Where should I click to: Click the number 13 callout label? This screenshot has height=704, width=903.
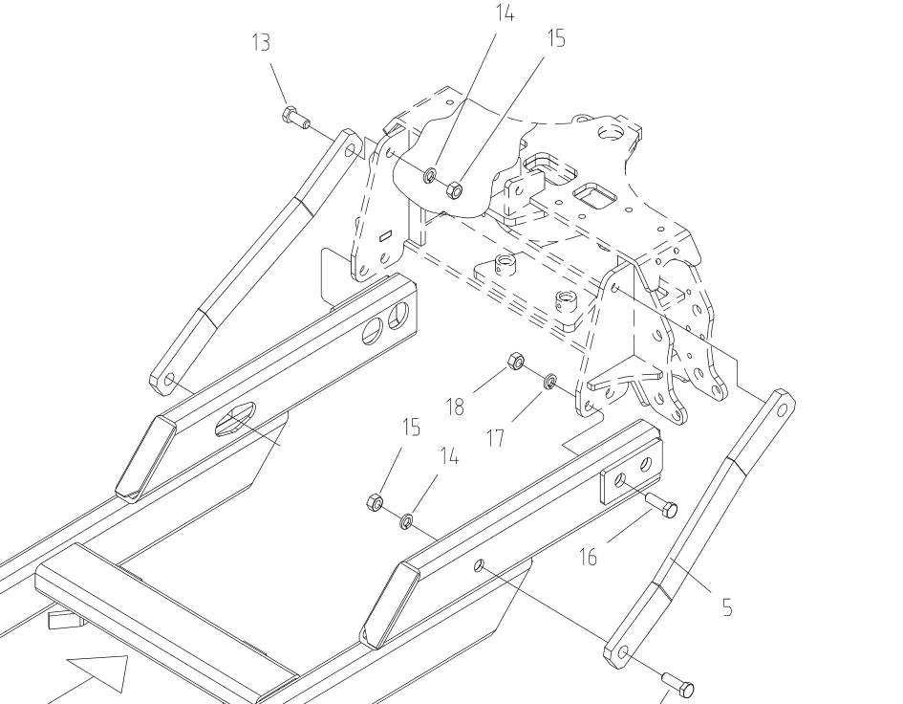[261, 43]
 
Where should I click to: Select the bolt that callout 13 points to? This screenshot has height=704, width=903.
[295, 119]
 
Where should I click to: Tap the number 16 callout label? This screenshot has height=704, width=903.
[588, 555]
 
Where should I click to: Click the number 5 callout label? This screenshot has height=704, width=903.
[727, 606]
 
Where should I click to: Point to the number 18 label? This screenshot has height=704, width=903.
[454, 406]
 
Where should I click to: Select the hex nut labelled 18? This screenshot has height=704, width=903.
[514, 362]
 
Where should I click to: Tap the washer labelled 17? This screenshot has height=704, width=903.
[550, 383]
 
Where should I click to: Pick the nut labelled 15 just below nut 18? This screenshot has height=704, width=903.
[376, 501]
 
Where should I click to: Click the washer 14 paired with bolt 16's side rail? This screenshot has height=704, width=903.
[405, 520]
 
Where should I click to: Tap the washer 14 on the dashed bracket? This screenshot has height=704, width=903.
[431, 175]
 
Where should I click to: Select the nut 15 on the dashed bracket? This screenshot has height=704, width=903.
[455, 190]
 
